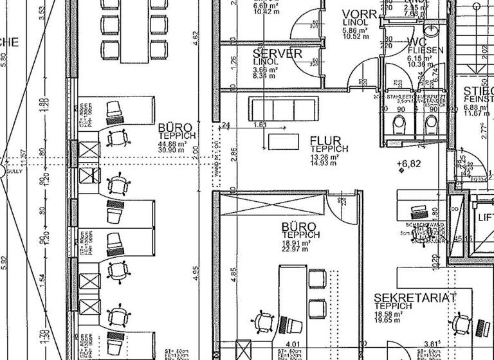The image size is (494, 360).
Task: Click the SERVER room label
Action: [277, 53]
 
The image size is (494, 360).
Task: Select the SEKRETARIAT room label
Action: [416, 298]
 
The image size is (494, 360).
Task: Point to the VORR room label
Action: [359, 15]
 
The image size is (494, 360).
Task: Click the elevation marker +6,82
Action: [409, 163]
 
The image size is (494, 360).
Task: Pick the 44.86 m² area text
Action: [172, 143]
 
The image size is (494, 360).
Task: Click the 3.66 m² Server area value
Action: [265, 69]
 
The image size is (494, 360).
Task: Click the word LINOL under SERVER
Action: [265, 62]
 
